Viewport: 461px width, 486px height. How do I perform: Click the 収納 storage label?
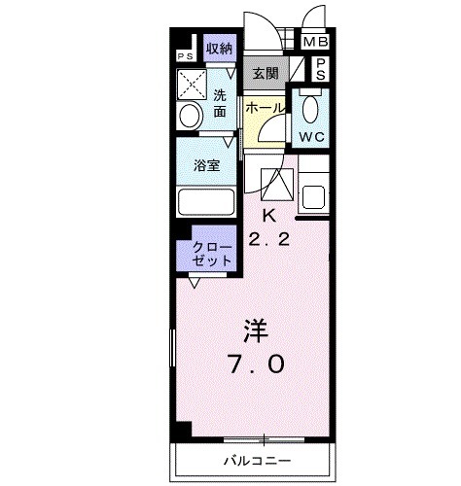point(219,48)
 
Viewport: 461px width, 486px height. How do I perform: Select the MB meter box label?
point(315,42)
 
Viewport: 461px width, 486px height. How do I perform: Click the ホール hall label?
point(264,109)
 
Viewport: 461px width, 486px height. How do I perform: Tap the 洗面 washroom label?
point(221,103)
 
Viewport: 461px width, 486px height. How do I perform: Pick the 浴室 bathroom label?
point(205,164)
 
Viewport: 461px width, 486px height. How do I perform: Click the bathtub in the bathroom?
point(206,203)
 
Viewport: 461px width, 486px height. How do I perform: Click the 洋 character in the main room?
point(256,331)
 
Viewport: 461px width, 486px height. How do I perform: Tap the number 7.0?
point(256,364)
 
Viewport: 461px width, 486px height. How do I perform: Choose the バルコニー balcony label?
point(257,459)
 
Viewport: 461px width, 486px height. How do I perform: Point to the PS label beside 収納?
point(184,55)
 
